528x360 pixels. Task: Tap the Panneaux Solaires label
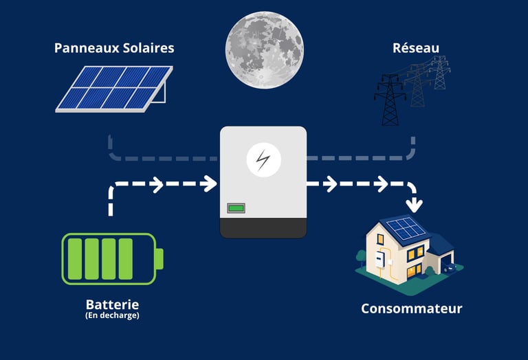point(114,48)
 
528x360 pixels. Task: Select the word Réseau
point(415,48)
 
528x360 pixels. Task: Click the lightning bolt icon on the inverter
point(263,161)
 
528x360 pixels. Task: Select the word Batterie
point(112,304)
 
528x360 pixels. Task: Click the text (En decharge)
point(112,316)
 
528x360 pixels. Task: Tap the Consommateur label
point(412,308)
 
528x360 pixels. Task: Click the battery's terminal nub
point(159,259)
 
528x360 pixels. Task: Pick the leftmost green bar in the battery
point(75,259)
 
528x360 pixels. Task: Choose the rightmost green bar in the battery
point(125,259)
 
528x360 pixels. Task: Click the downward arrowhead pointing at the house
point(413,204)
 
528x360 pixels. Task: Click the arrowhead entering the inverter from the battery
point(210,184)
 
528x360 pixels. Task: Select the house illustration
point(406,251)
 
